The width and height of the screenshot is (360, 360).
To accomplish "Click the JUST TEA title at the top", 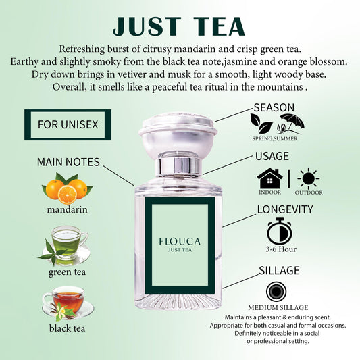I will (179, 25).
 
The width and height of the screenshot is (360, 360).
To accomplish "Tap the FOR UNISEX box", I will (67, 125).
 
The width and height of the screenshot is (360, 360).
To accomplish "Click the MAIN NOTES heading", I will (68, 162).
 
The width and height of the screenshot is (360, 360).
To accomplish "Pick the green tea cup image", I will (66, 245).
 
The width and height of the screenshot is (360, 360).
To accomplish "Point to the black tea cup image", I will (66, 301).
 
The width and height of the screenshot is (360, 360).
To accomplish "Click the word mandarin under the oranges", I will (67, 209).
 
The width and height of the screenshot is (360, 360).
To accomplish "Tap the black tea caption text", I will (68, 329).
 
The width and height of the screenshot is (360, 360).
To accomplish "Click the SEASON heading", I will (274, 107).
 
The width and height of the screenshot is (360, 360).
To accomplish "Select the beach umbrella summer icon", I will (292, 123).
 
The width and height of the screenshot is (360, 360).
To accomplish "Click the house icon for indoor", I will (270, 178).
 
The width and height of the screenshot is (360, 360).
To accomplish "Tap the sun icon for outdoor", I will (309, 178).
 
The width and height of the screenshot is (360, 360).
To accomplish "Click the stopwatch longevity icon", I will (279, 231).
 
